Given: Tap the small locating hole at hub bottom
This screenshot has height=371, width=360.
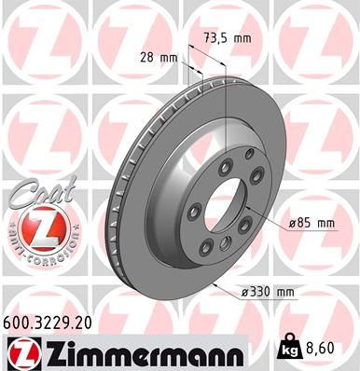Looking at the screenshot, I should pyautogui.click(x=224, y=244).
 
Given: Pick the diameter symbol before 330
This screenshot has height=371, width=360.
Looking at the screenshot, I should pyautogui.click(x=244, y=294).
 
